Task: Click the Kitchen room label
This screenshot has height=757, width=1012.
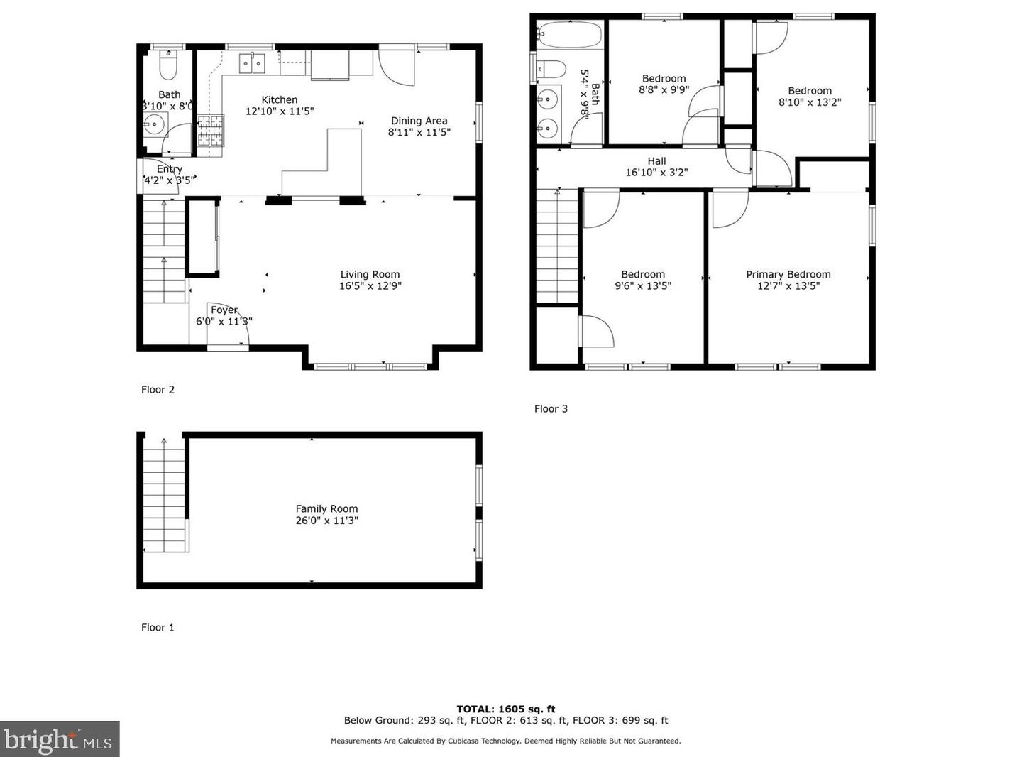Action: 280,100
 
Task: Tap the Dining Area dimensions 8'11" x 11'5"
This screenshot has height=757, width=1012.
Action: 419,132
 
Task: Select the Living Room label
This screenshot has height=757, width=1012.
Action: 370,274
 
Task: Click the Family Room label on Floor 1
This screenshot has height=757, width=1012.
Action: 326,509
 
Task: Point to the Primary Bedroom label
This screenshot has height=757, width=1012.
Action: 788,275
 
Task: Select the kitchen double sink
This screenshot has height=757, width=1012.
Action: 251,63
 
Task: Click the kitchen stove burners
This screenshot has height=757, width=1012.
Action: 210,130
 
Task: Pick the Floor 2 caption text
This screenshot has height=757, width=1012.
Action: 158,390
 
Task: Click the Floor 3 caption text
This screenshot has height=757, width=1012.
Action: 551,409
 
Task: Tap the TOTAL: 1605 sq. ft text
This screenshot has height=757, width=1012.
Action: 505,709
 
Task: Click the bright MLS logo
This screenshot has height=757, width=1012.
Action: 60,740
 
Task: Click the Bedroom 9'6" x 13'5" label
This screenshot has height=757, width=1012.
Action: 643,280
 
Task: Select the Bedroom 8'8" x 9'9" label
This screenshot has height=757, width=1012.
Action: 664,84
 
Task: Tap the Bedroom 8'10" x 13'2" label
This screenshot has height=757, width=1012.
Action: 810,96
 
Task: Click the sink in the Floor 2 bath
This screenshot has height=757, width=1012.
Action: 154,124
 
